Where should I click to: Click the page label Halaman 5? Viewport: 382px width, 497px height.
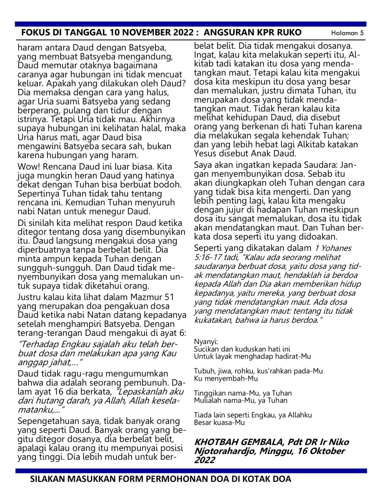347,33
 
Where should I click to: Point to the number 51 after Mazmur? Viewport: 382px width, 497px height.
169,297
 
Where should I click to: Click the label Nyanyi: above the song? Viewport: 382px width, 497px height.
206,342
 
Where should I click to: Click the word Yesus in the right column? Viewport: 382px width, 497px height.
204,153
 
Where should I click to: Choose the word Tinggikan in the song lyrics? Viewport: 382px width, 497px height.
210,393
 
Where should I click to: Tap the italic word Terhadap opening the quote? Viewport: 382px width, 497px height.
40,344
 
